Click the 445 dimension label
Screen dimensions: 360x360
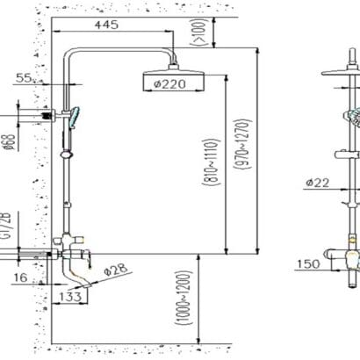(106, 25)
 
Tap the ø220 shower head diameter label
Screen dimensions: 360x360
(169, 84)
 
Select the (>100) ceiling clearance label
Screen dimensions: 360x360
(199, 32)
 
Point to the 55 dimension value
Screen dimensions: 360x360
(24, 78)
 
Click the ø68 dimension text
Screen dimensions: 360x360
(10, 142)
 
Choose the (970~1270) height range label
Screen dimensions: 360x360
(242, 144)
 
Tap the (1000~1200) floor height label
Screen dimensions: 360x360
(184, 298)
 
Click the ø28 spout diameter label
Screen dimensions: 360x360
(116, 270)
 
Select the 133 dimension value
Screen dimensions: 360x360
(70, 297)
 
